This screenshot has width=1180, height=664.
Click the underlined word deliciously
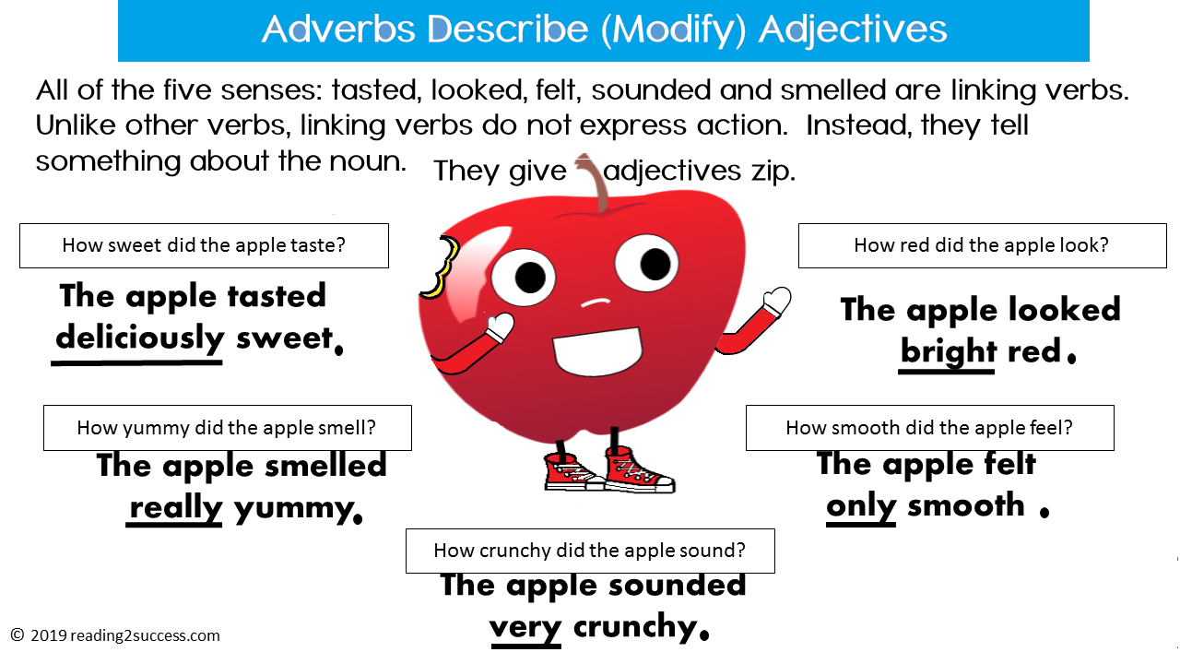139,338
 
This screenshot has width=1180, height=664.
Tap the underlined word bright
948,351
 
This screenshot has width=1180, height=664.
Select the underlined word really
175,506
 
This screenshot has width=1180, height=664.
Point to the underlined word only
861,505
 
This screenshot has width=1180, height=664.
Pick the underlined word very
525,627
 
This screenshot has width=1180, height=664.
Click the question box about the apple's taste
204,245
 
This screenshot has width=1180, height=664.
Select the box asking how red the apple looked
982,245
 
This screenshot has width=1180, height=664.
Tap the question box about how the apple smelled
227,428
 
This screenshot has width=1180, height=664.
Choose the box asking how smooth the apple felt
929,428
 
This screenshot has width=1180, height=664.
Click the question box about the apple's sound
590,551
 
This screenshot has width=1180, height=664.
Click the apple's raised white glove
777,301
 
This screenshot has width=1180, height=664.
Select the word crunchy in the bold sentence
635,627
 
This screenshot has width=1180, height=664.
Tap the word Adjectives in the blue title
853,30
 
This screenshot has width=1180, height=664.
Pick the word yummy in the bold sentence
293,506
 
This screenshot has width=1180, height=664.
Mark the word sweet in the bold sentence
283,338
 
